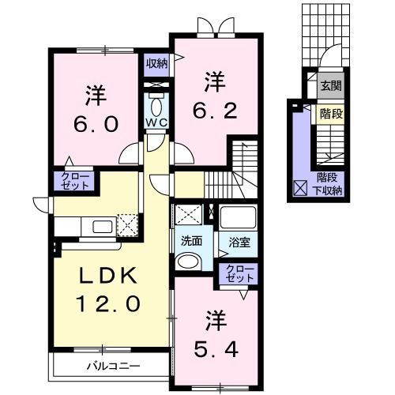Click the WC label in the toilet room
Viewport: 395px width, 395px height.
click(x=155, y=123)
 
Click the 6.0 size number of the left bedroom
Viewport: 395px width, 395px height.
click(x=97, y=124)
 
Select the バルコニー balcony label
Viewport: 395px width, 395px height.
click(x=114, y=366)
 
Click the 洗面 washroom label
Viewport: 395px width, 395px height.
click(x=192, y=240)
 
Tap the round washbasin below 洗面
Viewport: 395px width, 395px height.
click(x=190, y=261)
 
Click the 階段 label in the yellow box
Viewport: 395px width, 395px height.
click(x=331, y=113)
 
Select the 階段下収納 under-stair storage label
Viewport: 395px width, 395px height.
click(x=329, y=184)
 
